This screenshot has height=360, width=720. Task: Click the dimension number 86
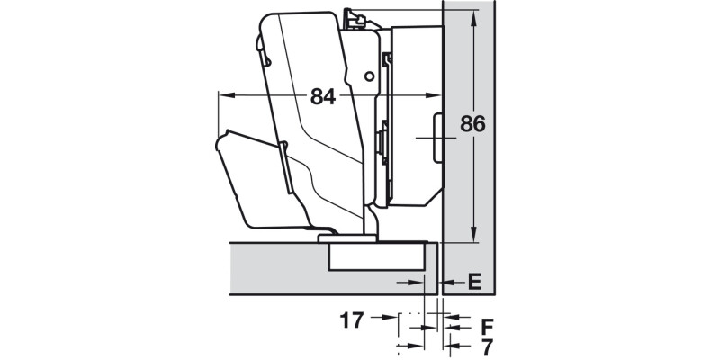coord(473,124)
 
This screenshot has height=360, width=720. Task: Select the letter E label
coord(475,283)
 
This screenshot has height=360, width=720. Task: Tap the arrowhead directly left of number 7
coord(451,344)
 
